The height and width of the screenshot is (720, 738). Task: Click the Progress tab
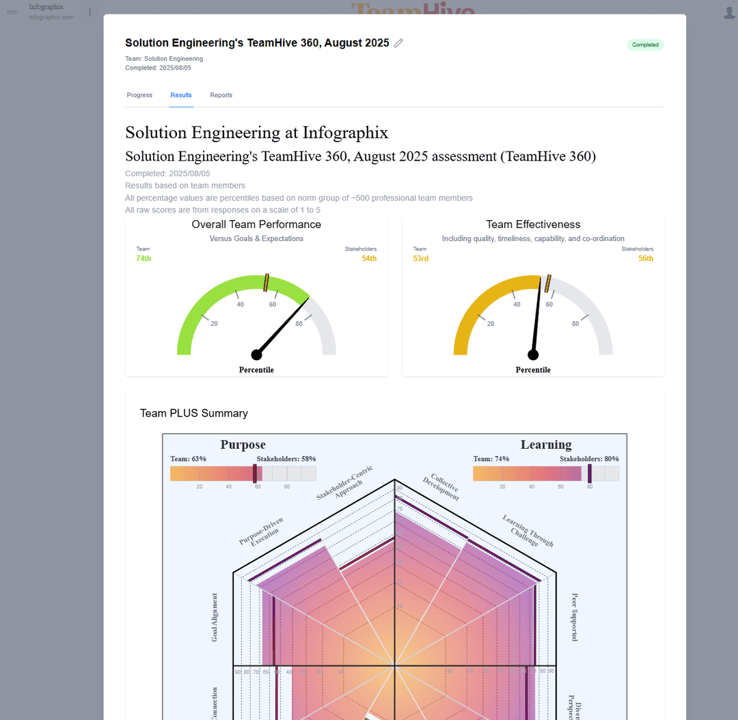click(139, 95)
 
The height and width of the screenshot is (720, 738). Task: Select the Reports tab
click(221, 95)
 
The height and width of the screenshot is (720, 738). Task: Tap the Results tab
click(181, 95)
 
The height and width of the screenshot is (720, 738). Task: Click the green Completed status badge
click(645, 45)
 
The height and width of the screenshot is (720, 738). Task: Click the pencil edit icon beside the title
click(399, 43)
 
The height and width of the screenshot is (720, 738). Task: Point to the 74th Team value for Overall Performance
click(143, 258)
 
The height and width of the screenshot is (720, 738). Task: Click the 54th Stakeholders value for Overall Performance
click(369, 258)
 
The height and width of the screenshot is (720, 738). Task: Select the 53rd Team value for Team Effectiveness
click(421, 258)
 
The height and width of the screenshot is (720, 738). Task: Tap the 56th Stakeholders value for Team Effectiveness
click(646, 258)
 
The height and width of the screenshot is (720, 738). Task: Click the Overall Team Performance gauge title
click(256, 225)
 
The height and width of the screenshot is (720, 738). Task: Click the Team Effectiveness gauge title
click(533, 225)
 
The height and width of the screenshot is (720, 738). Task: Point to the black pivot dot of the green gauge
click(256, 355)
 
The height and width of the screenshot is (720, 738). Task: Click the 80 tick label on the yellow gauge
click(575, 324)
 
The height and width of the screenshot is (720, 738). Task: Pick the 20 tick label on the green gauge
click(214, 324)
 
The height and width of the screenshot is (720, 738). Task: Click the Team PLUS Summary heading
click(193, 413)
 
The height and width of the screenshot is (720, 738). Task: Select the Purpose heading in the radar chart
click(243, 445)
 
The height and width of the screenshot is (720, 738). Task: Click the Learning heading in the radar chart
click(546, 445)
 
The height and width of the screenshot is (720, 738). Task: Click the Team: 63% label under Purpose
click(188, 459)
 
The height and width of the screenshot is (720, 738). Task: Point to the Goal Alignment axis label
click(215, 617)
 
